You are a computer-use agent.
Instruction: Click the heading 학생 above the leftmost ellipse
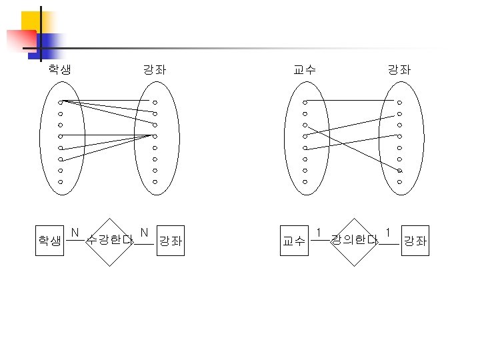[x=59, y=69]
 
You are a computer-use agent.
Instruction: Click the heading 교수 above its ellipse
[x=305, y=69]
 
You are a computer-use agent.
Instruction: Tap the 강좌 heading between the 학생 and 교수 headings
[x=155, y=69]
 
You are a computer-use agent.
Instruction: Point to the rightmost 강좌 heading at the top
[x=399, y=69]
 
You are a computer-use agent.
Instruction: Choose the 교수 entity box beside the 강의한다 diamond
[x=294, y=241]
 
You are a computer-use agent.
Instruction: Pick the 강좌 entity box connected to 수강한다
[x=170, y=241]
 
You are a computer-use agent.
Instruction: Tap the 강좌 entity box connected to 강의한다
[x=415, y=241]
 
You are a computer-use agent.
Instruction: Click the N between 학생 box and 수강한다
[x=75, y=233]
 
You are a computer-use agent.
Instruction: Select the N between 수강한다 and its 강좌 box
[x=144, y=233]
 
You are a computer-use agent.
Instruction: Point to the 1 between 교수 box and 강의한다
[x=319, y=233]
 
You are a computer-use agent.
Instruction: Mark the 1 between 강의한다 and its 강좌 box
[x=388, y=233]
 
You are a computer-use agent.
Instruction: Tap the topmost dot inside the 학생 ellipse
[x=60, y=103]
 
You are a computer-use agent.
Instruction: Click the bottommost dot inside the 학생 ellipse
[x=60, y=181]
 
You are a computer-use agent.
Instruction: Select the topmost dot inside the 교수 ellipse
[x=305, y=103]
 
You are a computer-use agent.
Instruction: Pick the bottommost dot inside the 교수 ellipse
[x=305, y=181]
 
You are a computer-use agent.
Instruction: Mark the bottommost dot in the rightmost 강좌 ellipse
[x=399, y=181]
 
